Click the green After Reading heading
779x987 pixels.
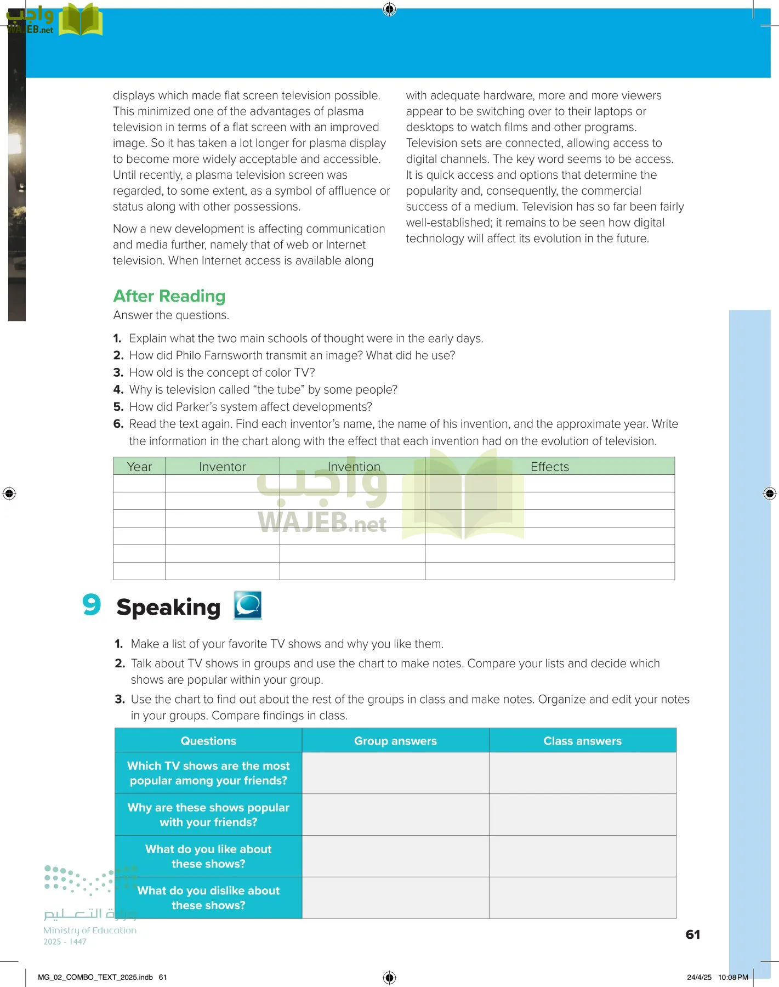click(x=169, y=296)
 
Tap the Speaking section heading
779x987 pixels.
click(x=168, y=608)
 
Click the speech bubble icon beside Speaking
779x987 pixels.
click(x=248, y=605)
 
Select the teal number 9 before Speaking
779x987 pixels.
click(x=92, y=605)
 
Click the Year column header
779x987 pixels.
click(x=139, y=467)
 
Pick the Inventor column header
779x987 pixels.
click(x=222, y=467)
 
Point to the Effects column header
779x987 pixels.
click(x=549, y=467)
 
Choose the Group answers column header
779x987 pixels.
click(x=395, y=741)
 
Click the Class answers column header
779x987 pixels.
click(x=582, y=741)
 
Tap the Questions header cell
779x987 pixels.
click(x=208, y=741)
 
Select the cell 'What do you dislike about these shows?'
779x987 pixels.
click(x=208, y=898)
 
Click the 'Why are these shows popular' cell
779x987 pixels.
click(x=208, y=815)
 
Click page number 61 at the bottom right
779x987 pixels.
click(x=692, y=934)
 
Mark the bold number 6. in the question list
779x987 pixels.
click(x=118, y=424)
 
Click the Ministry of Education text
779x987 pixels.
click(x=90, y=930)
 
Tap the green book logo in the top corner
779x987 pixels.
click(x=80, y=20)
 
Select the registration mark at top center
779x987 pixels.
click(x=389, y=9)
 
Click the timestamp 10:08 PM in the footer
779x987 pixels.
click(x=732, y=977)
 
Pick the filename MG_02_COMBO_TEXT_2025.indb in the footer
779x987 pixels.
click(x=95, y=977)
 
